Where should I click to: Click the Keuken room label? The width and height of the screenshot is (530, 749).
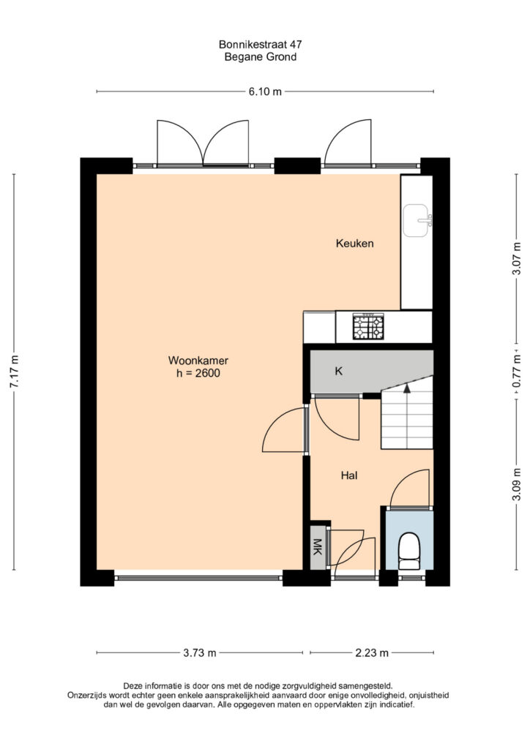click(354, 244)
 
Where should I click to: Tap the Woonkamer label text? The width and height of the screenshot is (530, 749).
click(198, 360)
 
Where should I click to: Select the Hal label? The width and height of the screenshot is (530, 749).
click(349, 475)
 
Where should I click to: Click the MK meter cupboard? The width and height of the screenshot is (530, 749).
click(317, 547)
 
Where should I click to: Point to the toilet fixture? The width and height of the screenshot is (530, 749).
click(409, 552)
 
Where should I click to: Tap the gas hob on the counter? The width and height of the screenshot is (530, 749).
click(368, 327)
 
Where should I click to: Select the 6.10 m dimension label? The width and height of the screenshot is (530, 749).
click(265, 91)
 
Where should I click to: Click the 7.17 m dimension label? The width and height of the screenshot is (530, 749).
click(15, 372)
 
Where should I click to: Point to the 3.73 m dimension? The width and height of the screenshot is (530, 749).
click(200, 652)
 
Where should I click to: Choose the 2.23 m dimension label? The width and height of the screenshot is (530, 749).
click(372, 652)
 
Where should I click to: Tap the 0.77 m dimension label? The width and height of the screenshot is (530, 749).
click(517, 371)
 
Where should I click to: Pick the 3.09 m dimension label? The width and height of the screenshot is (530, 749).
click(517, 483)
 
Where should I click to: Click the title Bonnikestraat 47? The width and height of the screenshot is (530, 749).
click(261, 45)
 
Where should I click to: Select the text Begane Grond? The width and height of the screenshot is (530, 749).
click(261, 57)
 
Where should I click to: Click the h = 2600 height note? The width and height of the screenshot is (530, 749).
click(198, 373)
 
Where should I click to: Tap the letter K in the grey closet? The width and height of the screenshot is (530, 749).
click(339, 371)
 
